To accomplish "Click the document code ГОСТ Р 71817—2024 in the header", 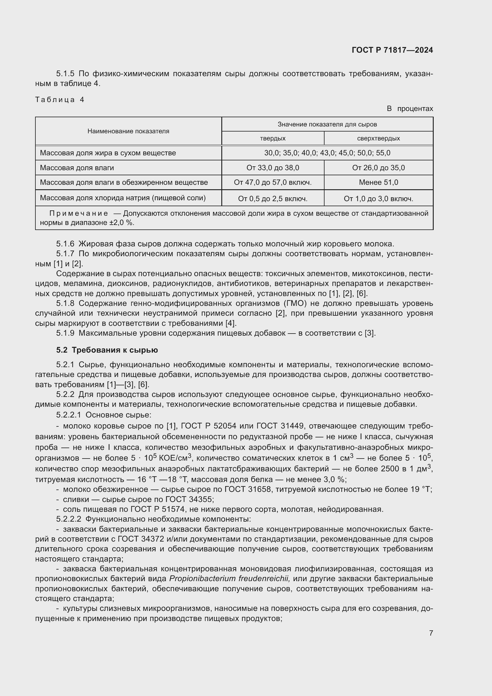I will pos(392,50).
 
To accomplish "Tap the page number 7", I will pos(431,633).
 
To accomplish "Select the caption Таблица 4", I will pos(60,100).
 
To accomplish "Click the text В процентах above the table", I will pos(410,109).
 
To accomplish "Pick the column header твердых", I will pos(273,139).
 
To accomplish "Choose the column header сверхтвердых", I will pos(378,139).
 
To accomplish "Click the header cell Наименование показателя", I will pos(128,131).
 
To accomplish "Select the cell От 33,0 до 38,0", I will pos(273,168).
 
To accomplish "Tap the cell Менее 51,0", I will pos(378,182).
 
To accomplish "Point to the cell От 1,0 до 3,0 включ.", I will pos(378,199).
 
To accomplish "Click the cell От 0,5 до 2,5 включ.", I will pos(273,199).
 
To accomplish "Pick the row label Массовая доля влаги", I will pos(77,168).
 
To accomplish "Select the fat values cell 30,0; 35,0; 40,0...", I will pos(327,153).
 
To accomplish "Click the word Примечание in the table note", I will pos(79,213).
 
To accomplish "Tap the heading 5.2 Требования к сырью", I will pos(107,350).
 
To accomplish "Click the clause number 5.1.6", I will pos(65,244).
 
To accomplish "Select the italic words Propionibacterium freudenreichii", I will pos(229,579).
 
